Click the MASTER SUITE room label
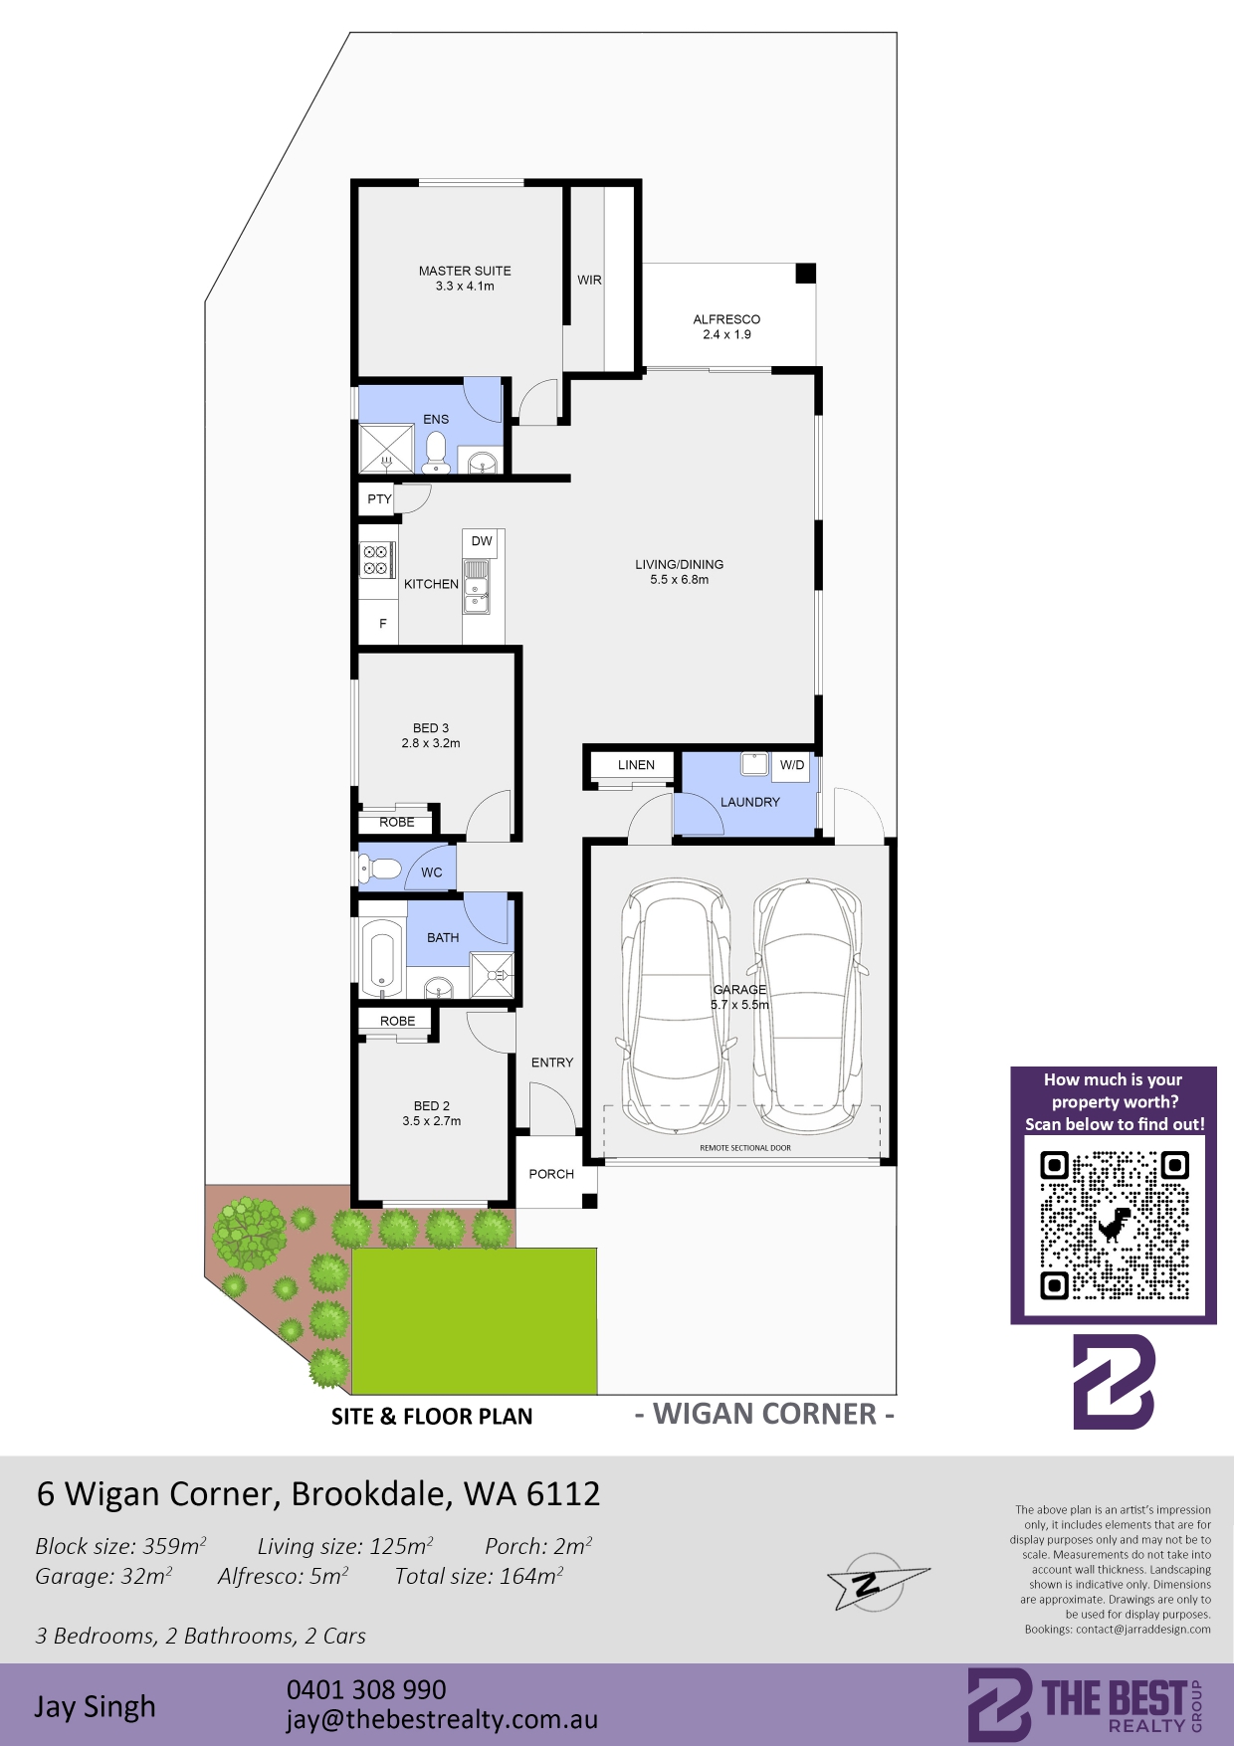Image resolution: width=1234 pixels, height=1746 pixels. pos(465,271)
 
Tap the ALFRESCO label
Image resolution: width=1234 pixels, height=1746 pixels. pos(726,319)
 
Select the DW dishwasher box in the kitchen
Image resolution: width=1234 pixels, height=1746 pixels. pos(482,542)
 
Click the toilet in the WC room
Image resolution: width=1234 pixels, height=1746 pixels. pos(380,871)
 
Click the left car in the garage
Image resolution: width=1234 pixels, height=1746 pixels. pos(675,1005)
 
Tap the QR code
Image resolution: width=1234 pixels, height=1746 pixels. pos(1115,1226)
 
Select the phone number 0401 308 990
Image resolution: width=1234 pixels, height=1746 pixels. pos(366,1689)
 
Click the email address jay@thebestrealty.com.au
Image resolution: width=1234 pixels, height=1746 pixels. pos(443,1720)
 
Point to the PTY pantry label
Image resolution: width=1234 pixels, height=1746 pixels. pos(379,499)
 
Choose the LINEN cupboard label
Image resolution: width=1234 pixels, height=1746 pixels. pos(636,765)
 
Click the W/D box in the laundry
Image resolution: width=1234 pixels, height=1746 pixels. pos(792,765)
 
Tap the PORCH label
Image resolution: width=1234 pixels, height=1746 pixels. pos(551,1174)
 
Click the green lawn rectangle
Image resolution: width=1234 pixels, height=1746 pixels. pos(475,1321)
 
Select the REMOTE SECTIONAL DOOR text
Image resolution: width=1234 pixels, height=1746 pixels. pos(745,1148)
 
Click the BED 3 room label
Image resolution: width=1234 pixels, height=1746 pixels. pos(431,728)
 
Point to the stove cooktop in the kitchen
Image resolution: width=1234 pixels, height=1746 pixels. pos(376,559)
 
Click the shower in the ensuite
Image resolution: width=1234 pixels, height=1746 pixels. pos(386,448)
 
